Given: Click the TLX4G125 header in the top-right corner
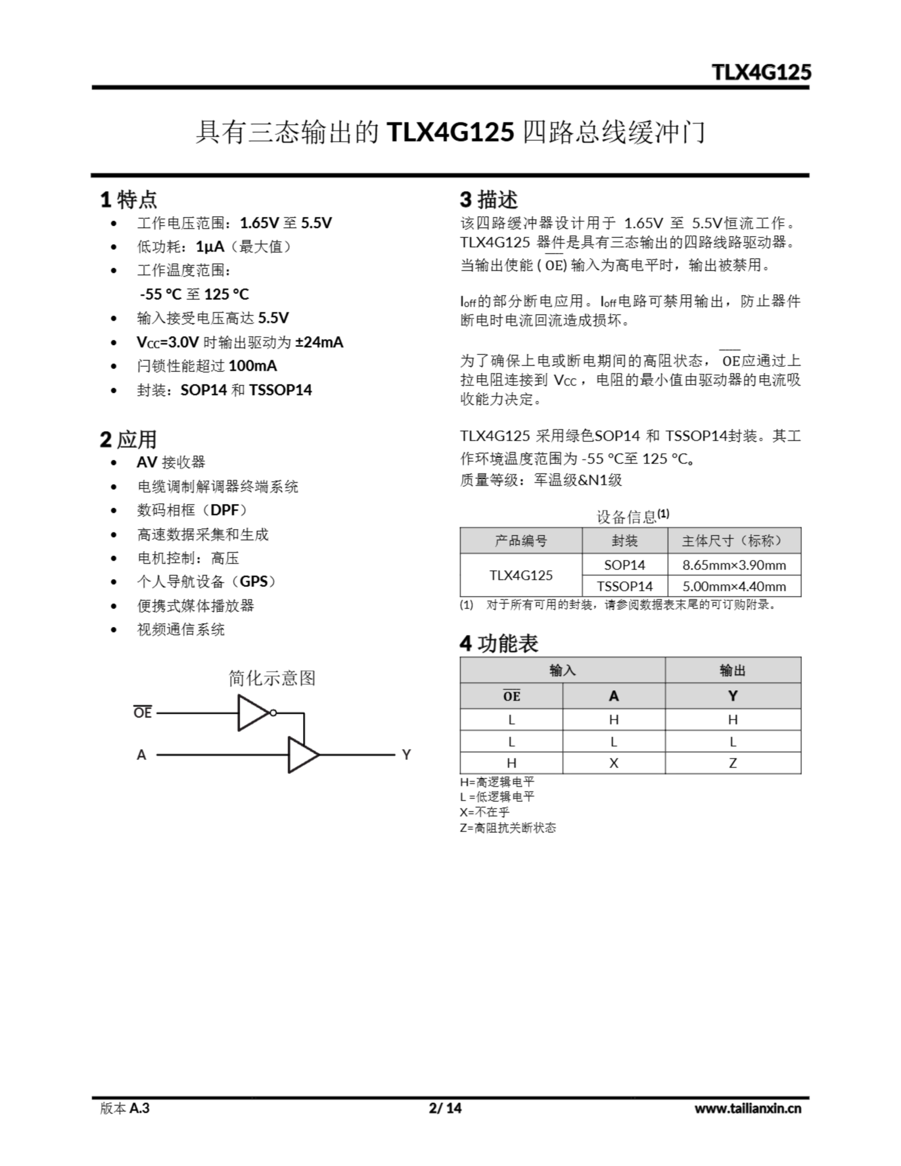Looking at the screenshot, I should [x=761, y=72].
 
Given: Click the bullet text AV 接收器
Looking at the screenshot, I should [x=171, y=462].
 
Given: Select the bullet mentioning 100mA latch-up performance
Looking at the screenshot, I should [x=207, y=366].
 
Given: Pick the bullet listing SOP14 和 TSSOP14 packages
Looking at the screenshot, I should [x=224, y=390].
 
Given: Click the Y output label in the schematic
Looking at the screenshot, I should [x=406, y=754].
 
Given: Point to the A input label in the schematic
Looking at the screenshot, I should [x=141, y=754].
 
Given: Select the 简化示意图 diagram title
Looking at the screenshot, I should [x=272, y=678].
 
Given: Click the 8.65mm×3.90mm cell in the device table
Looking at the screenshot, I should [x=734, y=565].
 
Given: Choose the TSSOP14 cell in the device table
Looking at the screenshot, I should [x=625, y=586].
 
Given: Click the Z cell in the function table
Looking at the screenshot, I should [x=733, y=763].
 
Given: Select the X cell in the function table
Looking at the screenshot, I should [x=614, y=763].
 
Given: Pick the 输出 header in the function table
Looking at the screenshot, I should [x=733, y=670].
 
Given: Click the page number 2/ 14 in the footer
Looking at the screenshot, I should [x=445, y=1108].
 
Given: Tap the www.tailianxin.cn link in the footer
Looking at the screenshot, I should [x=747, y=1108].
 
